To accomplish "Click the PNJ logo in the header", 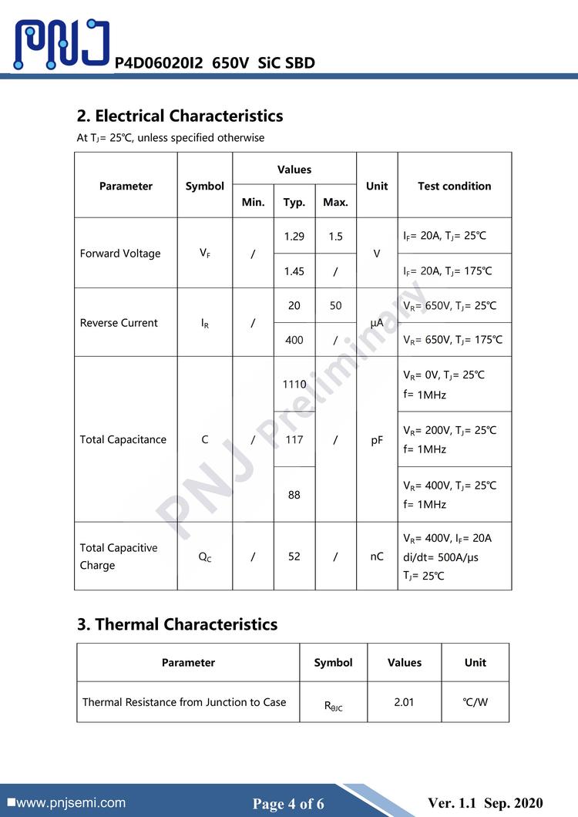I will pos(62,44).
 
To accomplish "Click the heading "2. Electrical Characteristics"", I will pos(180,116).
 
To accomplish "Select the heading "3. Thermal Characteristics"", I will pos(176,624).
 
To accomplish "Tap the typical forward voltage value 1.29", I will pos(294,237).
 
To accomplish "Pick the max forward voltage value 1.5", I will pos(335,237).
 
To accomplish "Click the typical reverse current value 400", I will pos(294,340).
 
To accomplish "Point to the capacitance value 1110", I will pos(294,384).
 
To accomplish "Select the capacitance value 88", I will pos(294,495).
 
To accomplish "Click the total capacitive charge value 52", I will pos(294,556).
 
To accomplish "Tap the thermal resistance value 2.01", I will pos(404,702).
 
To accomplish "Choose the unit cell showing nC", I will pos(377,556).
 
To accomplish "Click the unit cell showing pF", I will pos(377,439).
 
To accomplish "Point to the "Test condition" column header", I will pos(454,186).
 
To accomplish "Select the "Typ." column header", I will pos(294,203).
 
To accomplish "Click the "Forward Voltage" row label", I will pos(120,254).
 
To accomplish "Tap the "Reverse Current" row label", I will pos(119,323).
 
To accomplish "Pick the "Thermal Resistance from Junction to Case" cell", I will pos(184,702).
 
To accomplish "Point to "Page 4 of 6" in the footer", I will pos(288,804).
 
